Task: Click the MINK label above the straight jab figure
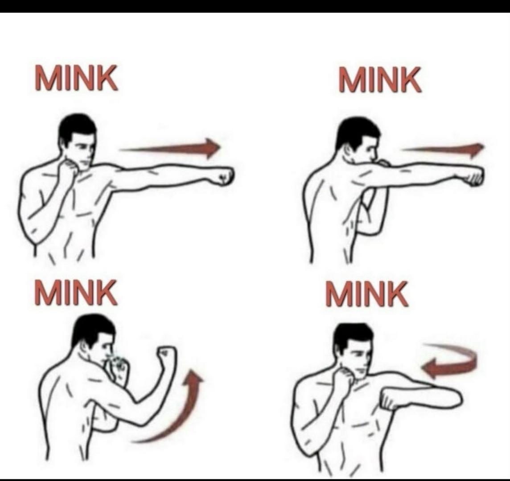click(76, 77)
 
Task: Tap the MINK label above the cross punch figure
click(380, 80)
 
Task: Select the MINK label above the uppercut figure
click(76, 293)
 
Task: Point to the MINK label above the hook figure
click(367, 294)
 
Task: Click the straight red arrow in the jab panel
click(170, 148)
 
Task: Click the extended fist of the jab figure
click(223, 176)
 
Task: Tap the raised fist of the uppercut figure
click(167, 356)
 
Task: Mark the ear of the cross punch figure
click(350, 151)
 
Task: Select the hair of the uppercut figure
click(92, 330)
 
